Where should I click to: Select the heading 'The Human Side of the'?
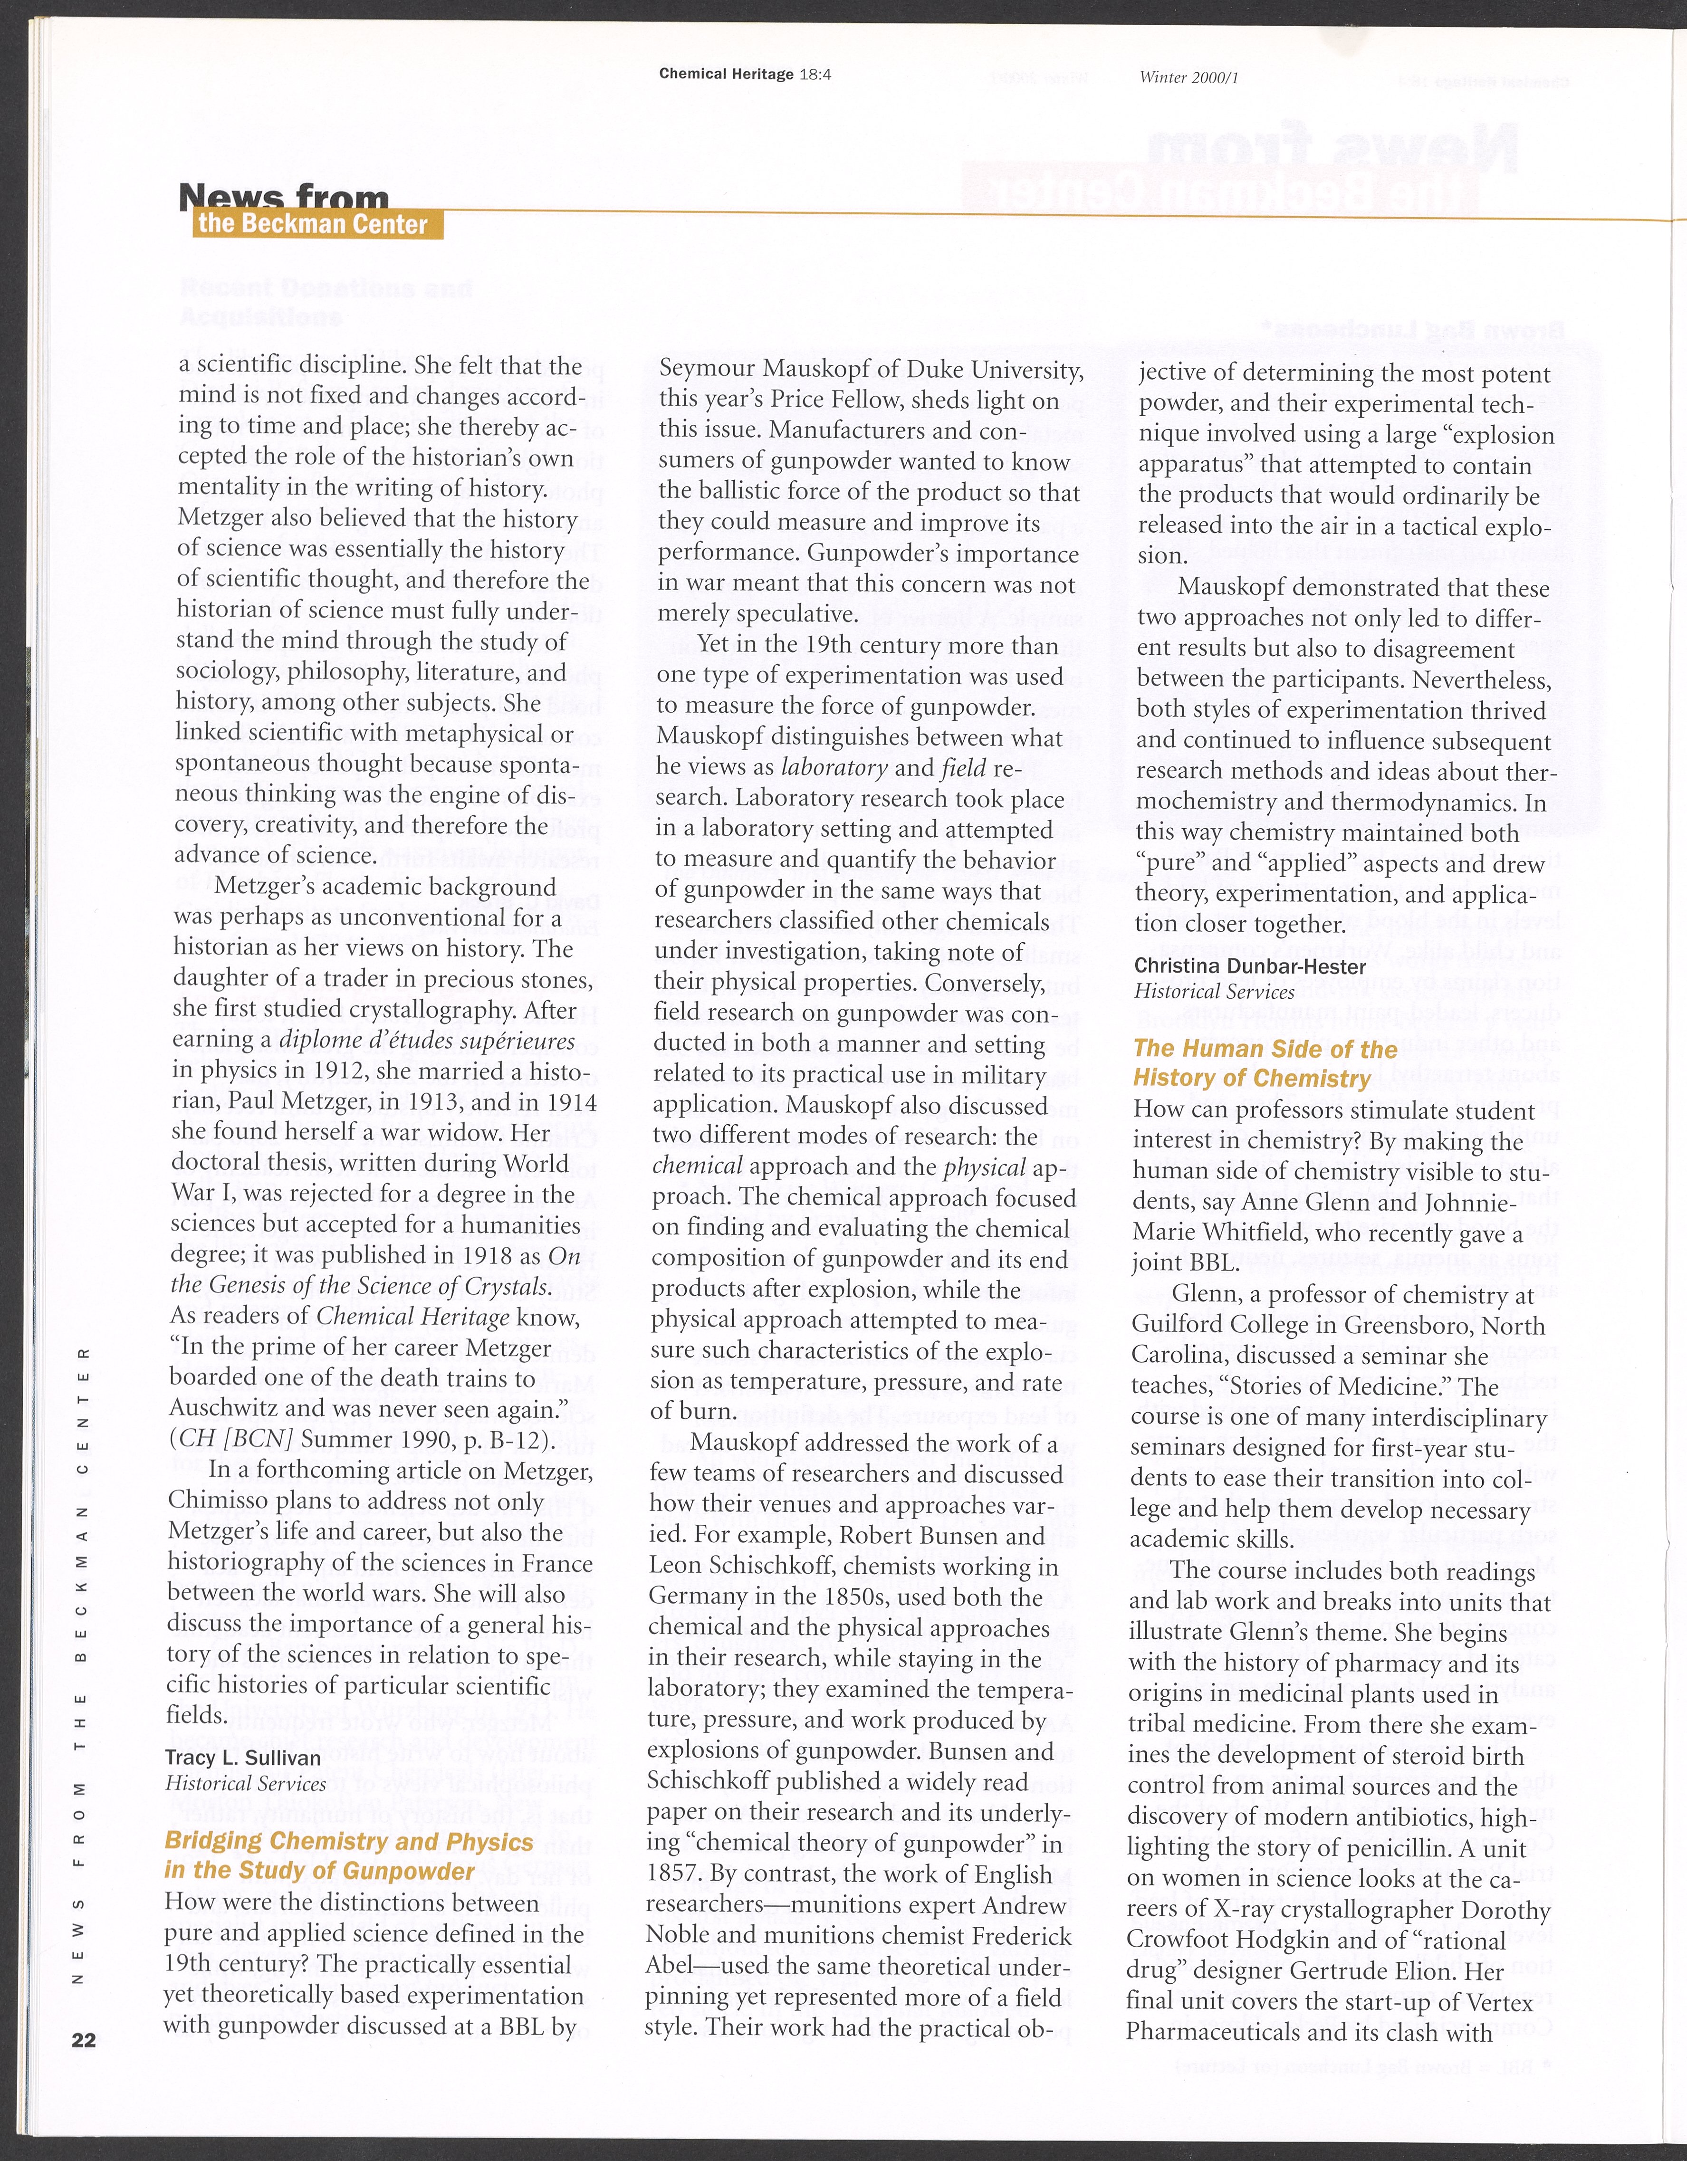pyautogui.click(x=1265, y=1049)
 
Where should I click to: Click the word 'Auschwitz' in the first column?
pyautogui.click(x=228, y=1408)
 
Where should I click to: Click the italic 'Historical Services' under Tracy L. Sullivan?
pyautogui.click(x=245, y=1784)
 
